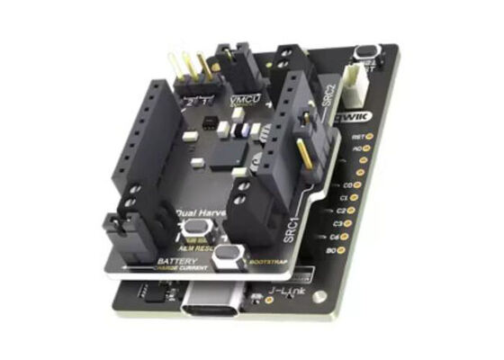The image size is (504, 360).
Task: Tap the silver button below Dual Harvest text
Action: pos(191,230)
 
